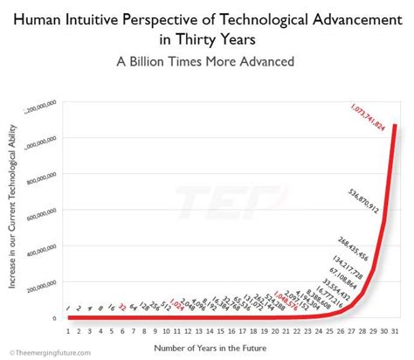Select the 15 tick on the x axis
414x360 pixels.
[x=220, y=331]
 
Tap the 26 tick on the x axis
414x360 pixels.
[x=340, y=331]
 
